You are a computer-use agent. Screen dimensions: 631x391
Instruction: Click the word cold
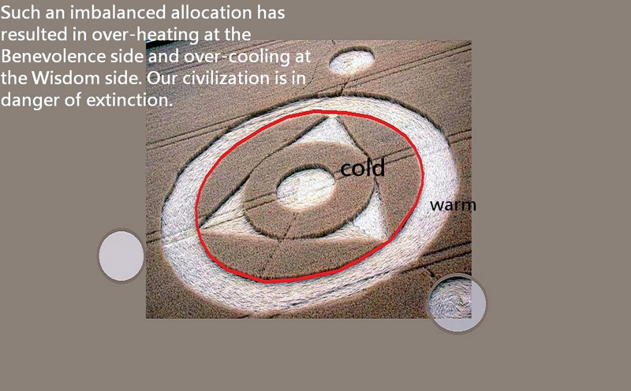point(363,168)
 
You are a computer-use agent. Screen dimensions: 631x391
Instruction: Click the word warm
point(453,205)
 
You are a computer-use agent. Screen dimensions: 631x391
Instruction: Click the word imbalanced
point(118,13)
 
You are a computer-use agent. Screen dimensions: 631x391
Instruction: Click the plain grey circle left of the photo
point(121,256)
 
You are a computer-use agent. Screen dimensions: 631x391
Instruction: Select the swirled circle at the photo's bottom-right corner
point(457,303)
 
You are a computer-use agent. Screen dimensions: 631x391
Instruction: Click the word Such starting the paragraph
point(21,13)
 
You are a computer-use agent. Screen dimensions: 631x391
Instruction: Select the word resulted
point(34,34)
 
